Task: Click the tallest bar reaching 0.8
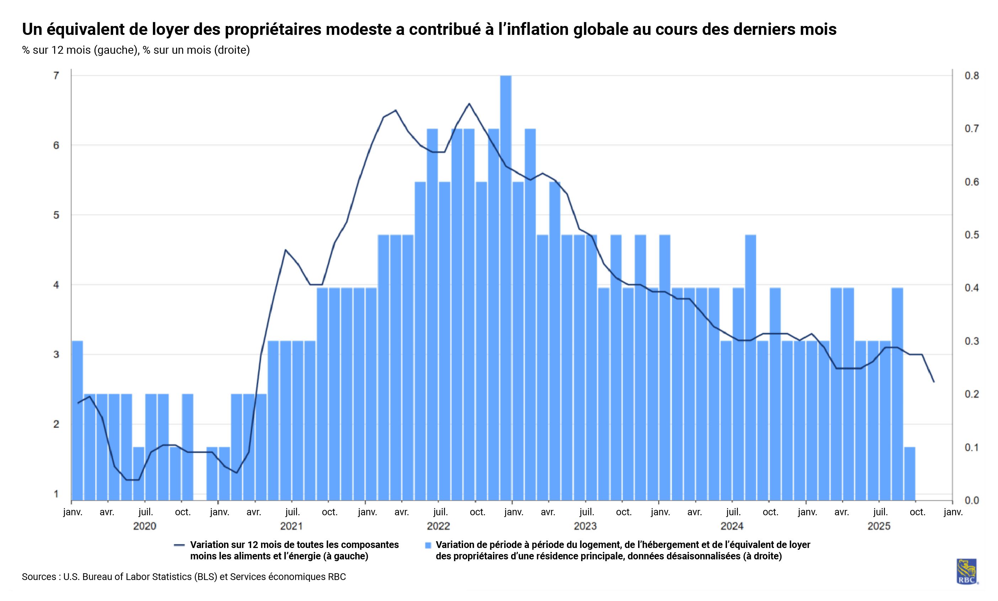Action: tap(505, 284)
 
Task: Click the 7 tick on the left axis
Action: tap(56, 75)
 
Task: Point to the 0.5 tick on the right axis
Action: tap(971, 235)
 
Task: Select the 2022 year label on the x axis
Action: tap(438, 526)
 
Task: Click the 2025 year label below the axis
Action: tap(878, 526)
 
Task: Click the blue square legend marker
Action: tap(428, 545)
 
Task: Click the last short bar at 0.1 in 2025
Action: tap(909, 474)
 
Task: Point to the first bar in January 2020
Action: tap(77, 421)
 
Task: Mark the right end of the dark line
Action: tap(934, 381)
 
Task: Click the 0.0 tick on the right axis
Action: tap(971, 501)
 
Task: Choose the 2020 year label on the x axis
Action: tap(144, 526)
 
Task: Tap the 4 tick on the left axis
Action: tap(56, 285)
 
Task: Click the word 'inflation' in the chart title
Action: tap(528, 29)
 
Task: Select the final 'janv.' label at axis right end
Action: tap(953, 512)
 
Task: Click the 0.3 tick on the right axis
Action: tap(971, 341)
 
